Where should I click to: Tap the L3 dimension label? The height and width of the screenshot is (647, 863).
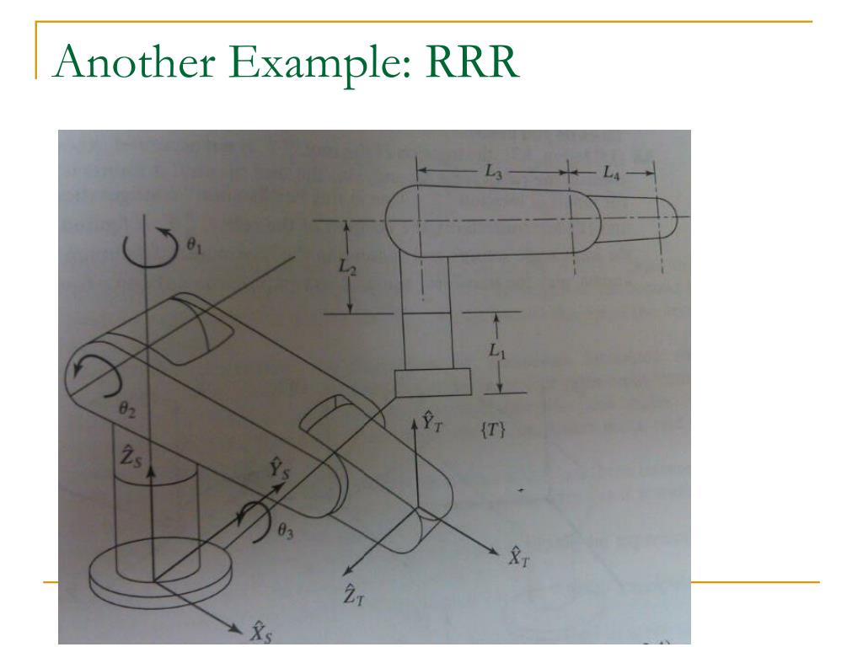pyautogui.click(x=495, y=172)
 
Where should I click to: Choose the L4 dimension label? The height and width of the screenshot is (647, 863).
pyautogui.click(x=611, y=172)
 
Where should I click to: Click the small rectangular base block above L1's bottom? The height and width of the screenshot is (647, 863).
pyautogui.click(x=431, y=383)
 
